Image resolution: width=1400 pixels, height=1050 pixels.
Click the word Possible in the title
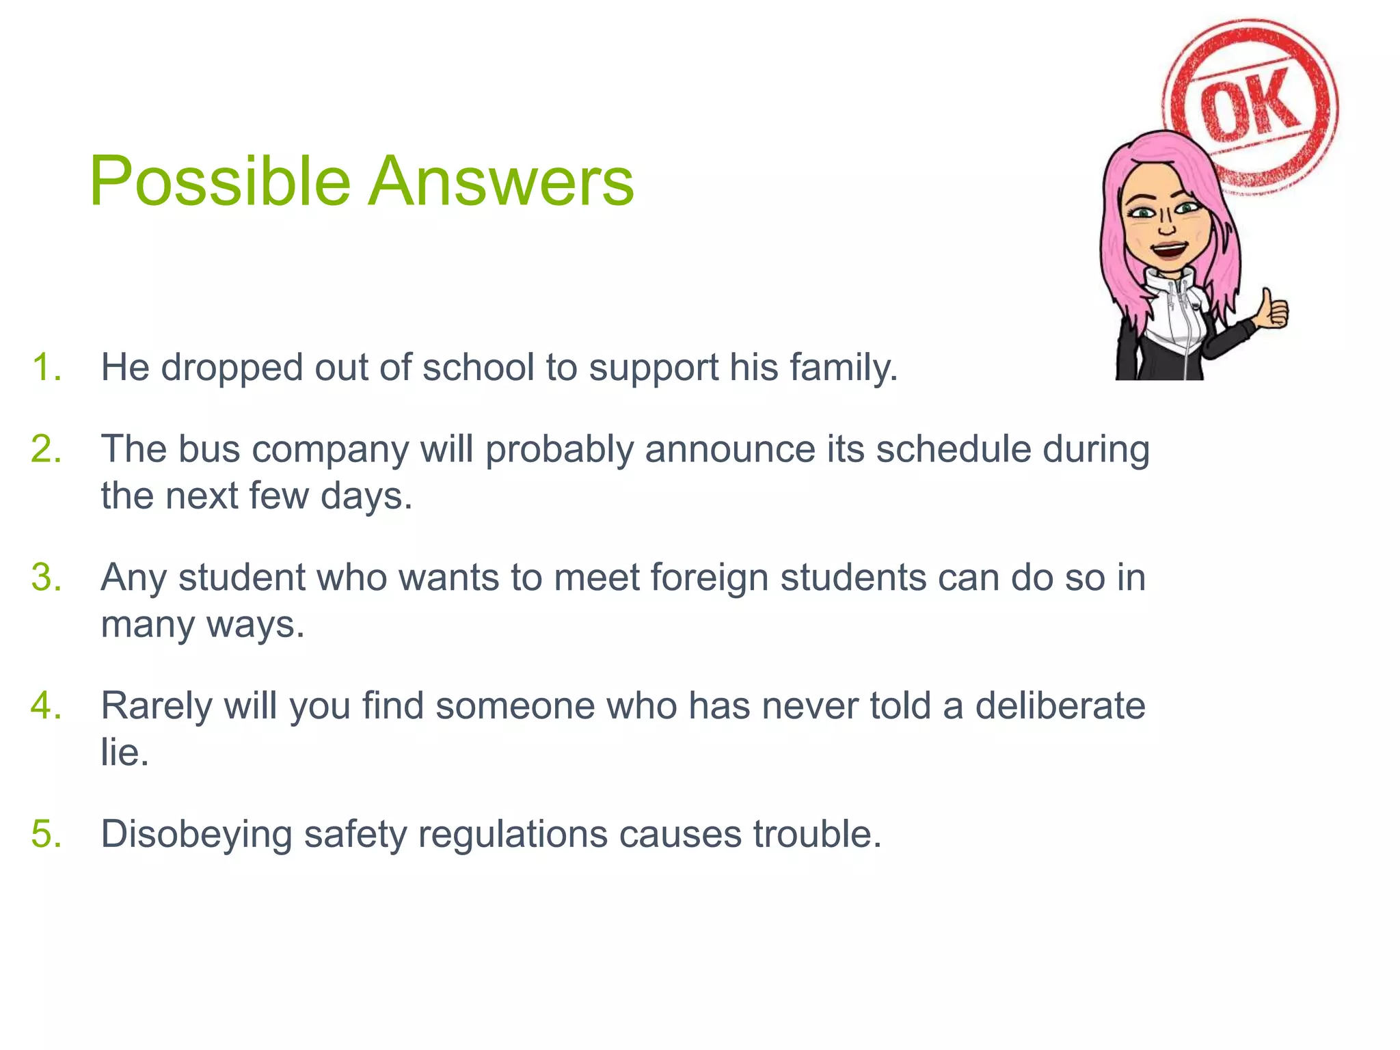pos(219,182)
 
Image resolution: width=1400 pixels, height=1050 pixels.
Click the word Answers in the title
pos(501,182)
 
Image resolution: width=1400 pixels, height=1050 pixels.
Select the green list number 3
pos(46,578)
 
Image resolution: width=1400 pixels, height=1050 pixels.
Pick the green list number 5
pos(46,834)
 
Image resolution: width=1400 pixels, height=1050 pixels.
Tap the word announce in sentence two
pos(730,450)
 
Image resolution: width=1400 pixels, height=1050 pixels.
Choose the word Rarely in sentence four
pos(157,707)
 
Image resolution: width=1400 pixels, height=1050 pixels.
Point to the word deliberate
pos(1060,705)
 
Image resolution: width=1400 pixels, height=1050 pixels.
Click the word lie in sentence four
pos(124,753)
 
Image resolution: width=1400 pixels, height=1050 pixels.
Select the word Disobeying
pos(196,835)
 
